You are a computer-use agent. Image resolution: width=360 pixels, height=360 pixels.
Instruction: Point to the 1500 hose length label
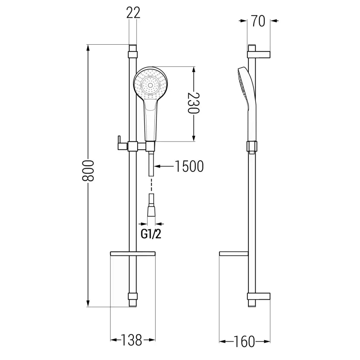189,166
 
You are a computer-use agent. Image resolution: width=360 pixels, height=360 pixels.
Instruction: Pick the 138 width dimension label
132,340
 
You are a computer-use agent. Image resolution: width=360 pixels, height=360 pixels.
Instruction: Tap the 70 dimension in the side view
258,21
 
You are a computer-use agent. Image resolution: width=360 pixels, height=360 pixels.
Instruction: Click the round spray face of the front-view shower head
150,85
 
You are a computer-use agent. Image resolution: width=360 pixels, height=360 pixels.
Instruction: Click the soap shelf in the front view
132,254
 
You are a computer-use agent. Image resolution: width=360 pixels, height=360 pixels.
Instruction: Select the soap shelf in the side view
234,254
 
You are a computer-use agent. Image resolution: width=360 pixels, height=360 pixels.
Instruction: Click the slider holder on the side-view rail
252,147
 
